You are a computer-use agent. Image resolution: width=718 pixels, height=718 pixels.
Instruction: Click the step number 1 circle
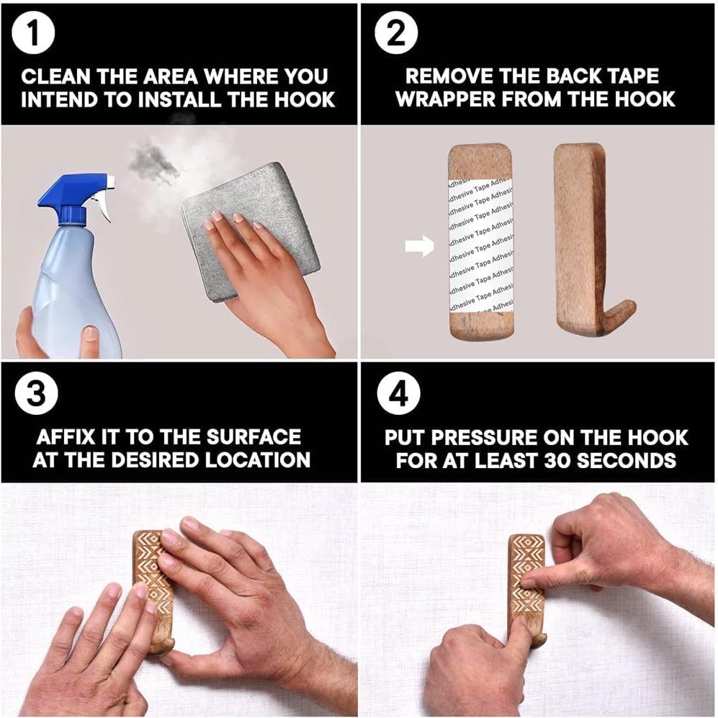click(x=33, y=33)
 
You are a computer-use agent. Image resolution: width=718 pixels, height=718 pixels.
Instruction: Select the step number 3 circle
click(x=36, y=393)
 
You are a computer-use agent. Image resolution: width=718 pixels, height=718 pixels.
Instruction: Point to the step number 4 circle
click(x=398, y=393)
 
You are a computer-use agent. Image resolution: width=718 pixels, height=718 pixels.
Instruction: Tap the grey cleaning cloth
click(x=250, y=232)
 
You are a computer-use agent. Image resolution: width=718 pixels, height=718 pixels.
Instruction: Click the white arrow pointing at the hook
click(x=419, y=246)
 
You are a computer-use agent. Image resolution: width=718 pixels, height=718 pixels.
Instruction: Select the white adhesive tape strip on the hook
click(x=481, y=244)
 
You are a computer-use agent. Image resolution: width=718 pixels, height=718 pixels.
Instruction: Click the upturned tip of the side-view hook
click(x=629, y=305)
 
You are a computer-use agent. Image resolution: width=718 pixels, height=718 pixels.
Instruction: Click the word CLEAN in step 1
click(x=56, y=76)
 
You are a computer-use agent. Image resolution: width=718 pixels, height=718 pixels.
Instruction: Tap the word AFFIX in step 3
click(x=66, y=437)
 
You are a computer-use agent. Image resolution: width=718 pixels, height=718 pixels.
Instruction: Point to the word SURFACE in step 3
click(x=253, y=437)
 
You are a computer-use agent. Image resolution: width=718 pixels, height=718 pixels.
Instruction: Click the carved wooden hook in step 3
click(x=154, y=591)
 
